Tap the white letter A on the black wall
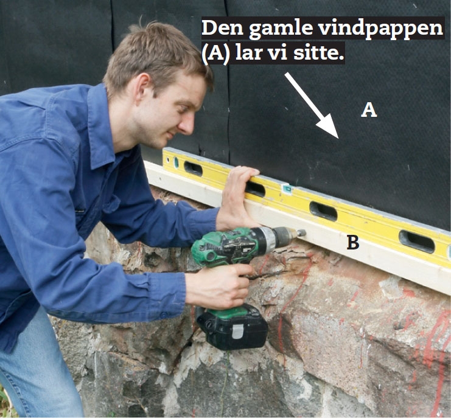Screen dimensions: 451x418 click(369, 110)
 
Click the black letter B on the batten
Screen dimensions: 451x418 click(353, 242)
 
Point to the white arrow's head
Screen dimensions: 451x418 click(329, 127)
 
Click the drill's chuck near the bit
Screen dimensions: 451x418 click(284, 236)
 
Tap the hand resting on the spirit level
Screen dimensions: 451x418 click(237, 198)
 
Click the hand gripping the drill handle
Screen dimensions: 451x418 click(219, 286)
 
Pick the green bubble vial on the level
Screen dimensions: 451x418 click(287, 189)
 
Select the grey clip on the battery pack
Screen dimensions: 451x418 click(237, 331)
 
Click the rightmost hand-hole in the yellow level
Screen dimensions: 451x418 click(416, 242)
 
